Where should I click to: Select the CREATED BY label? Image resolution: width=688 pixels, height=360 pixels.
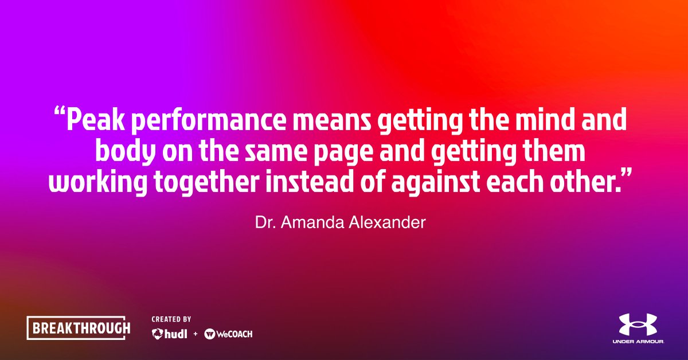coord(171,319)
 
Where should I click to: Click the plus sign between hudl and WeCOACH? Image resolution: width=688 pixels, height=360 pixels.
coord(195,334)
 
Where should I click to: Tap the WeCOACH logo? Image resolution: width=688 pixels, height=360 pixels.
coord(228,334)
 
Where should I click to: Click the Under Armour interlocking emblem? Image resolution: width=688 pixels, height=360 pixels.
coord(638,324)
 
